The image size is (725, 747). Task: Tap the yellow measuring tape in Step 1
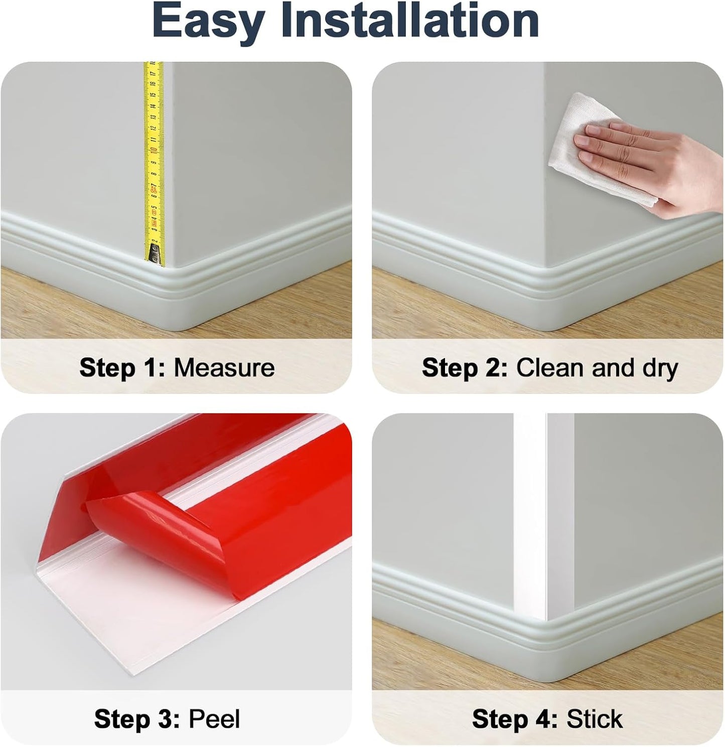coord(154,151)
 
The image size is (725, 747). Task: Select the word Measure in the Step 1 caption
coord(224,368)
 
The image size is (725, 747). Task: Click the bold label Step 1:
coord(122,368)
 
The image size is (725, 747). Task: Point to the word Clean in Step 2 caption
coord(551,368)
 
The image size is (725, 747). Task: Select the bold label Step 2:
coord(465,368)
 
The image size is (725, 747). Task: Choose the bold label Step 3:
coord(137,719)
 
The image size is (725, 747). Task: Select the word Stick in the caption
coord(595,719)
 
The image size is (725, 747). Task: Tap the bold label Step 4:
coord(515,719)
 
